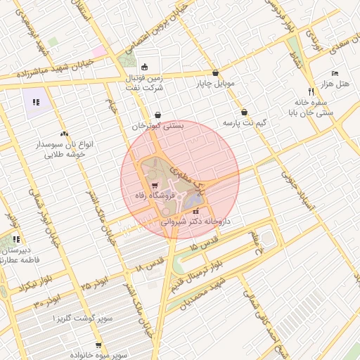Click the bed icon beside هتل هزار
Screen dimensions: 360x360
(x=335, y=74)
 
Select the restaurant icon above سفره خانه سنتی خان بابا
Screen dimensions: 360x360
(x=311, y=91)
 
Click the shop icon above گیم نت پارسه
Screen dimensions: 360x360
(x=244, y=112)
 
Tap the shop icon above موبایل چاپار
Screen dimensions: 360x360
(x=215, y=73)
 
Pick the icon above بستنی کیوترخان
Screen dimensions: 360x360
(x=157, y=115)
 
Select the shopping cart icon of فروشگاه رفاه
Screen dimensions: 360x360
(x=155, y=186)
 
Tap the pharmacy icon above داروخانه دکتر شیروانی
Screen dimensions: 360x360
(x=195, y=210)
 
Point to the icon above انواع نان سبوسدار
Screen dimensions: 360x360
(x=65, y=133)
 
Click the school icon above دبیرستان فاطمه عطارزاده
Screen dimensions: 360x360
(x=16, y=240)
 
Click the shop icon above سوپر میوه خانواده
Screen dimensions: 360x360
(x=98, y=345)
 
